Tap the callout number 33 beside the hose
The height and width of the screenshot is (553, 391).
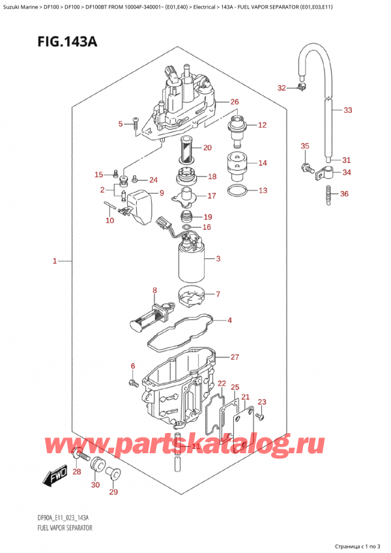click(x=347, y=110)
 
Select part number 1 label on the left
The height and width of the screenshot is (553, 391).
click(x=57, y=262)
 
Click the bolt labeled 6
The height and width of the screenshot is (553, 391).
click(x=134, y=381)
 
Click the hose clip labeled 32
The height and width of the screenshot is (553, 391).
click(x=301, y=87)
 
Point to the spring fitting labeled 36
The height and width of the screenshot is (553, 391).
click(x=328, y=193)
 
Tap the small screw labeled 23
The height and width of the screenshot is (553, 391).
click(x=259, y=415)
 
